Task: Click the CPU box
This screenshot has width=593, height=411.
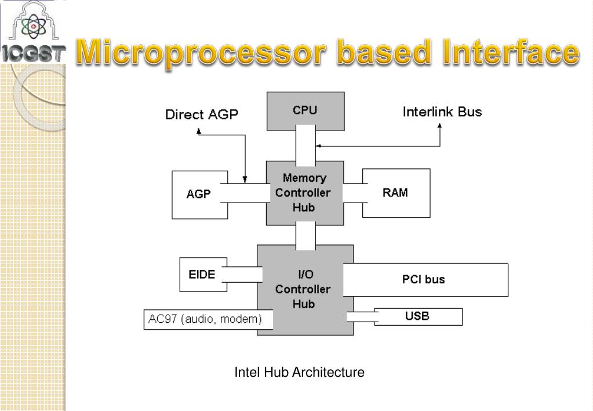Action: tap(305, 111)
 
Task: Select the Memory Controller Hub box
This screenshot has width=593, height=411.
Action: tap(304, 193)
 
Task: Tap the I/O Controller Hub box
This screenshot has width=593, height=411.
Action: tap(304, 289)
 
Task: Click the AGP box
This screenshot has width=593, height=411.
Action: tap(199, 194)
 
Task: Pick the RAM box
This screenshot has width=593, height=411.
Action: tap(396, 193)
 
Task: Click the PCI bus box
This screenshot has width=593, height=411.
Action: tap(424, 279)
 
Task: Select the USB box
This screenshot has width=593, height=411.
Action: tap(418, 317)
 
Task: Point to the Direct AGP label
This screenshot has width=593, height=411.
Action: tap(202, 114)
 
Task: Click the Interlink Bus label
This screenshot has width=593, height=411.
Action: tap(442, 111)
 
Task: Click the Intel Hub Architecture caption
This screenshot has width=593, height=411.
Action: tap(299, 372)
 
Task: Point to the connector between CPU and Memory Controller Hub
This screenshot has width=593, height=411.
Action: tap(305, 146)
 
